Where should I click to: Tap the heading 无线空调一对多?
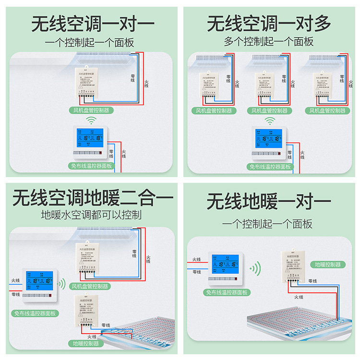(269, 24)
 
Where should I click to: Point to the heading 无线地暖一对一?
(269, 202)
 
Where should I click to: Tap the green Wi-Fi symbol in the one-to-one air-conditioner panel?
(89, 120)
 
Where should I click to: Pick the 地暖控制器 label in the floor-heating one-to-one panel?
(328, 264)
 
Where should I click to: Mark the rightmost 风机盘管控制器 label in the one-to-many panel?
(328, 111)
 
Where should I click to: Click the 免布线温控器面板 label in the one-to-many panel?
(269, 167)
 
